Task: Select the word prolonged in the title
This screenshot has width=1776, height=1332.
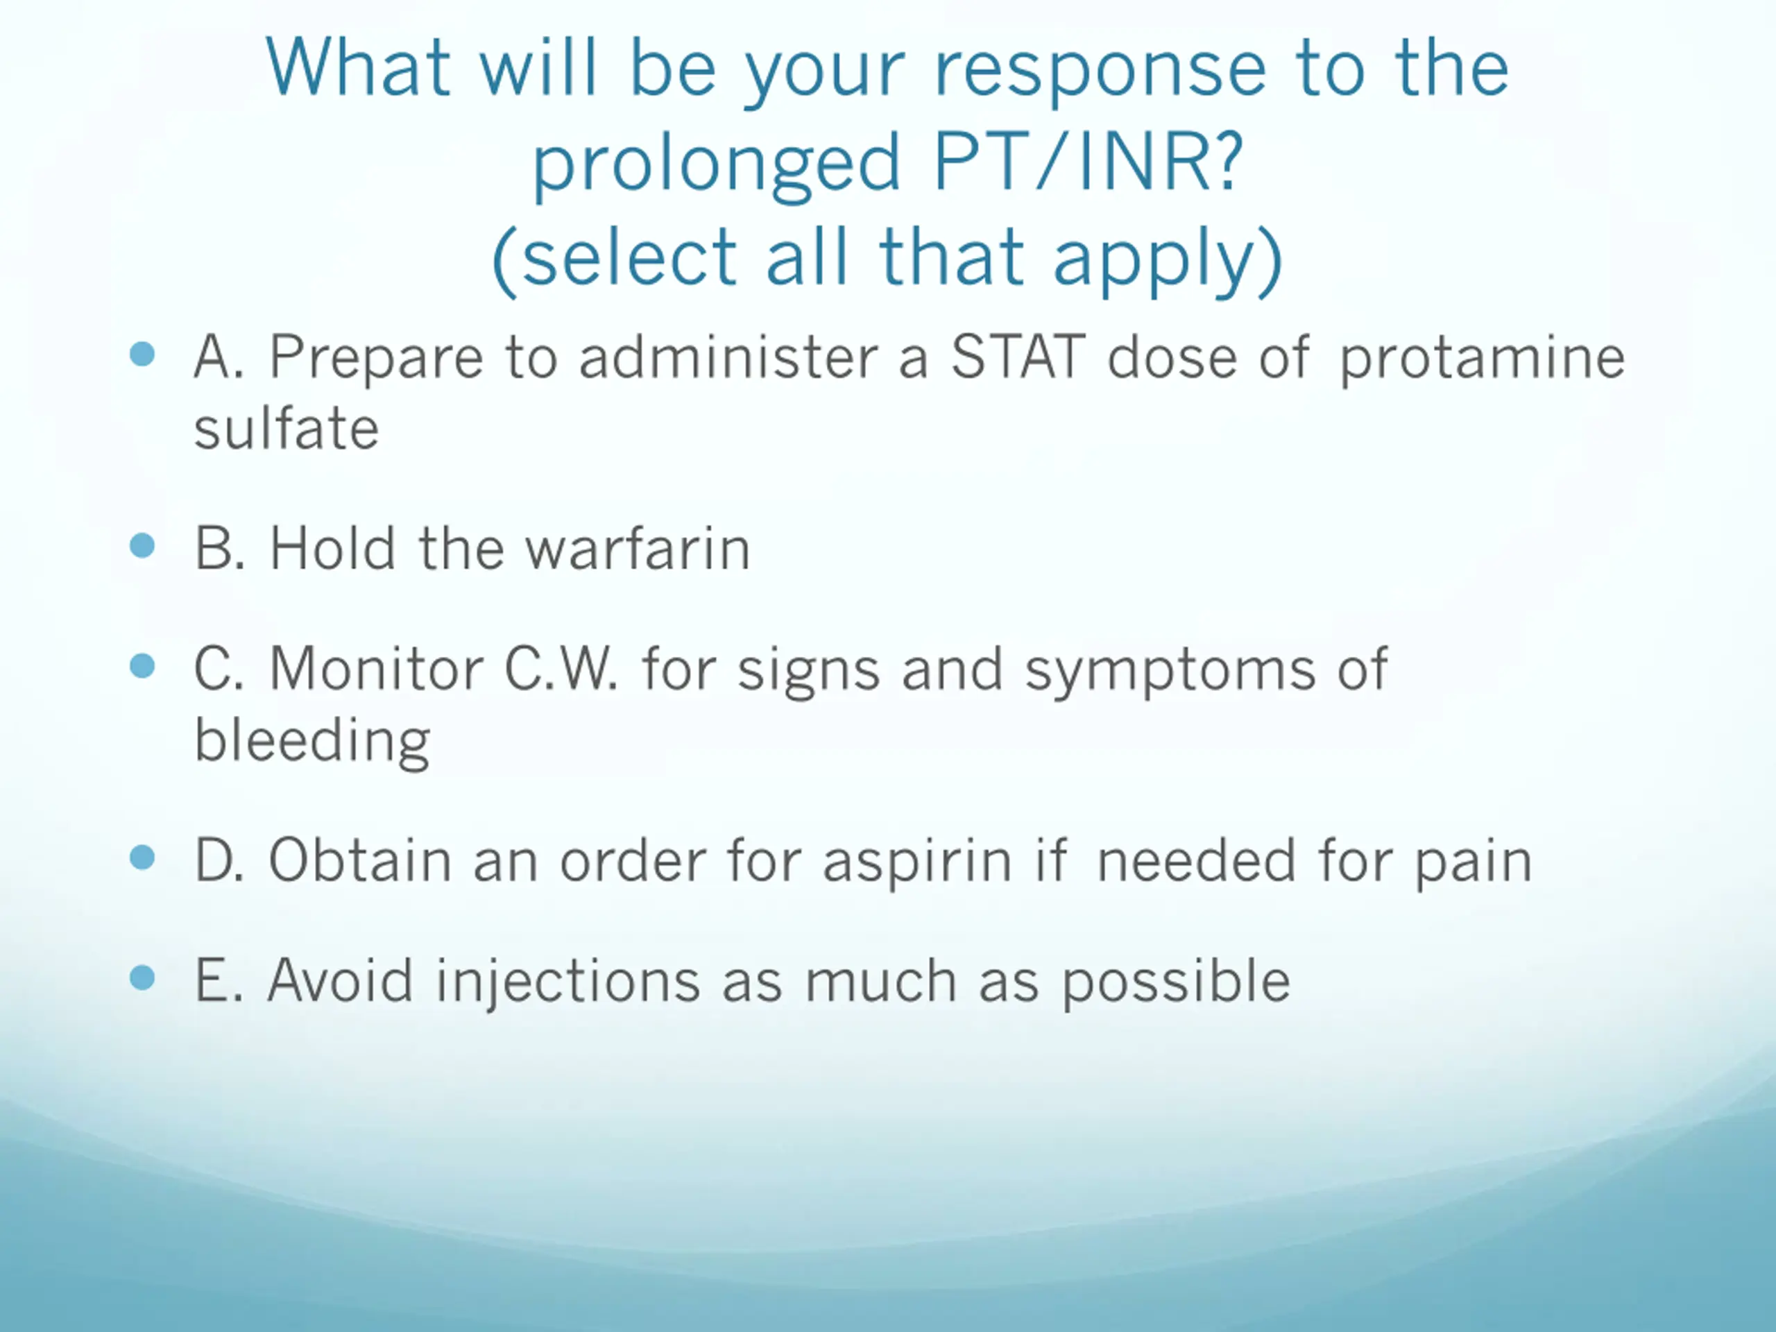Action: click(717, 166)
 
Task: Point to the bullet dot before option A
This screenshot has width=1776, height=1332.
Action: click(142, 354)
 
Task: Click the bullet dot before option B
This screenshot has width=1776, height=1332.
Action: click(142, 546)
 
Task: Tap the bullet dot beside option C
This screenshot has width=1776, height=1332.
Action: click(142, 665)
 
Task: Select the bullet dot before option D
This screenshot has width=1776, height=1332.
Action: click(142, 857)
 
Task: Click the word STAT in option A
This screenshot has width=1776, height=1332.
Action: click(1017, 357)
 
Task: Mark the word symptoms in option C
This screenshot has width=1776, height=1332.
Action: click(1170, 672)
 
